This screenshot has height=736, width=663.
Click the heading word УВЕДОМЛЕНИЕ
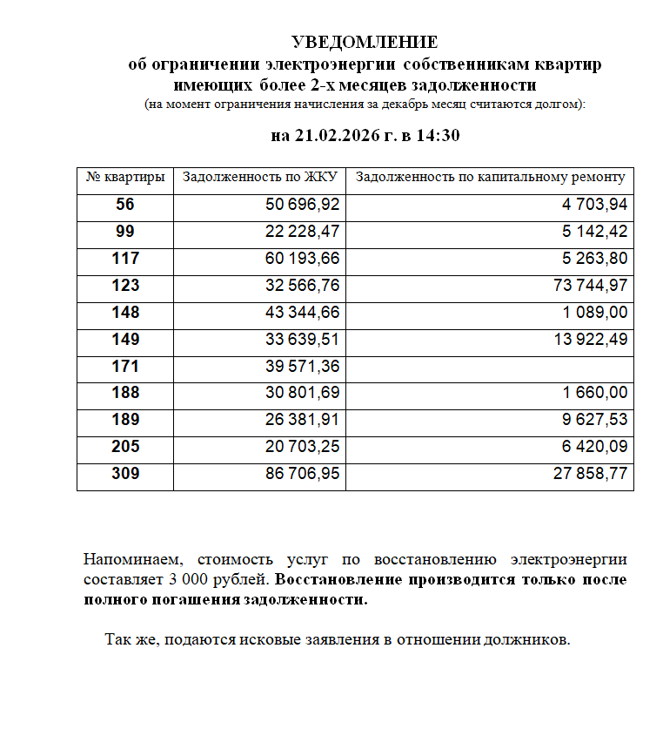364,43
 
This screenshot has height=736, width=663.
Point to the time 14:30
437,136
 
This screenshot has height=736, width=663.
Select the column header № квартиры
125,178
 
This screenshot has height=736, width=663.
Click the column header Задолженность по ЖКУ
259,178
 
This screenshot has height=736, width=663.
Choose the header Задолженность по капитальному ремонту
490,178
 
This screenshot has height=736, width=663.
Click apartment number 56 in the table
125,206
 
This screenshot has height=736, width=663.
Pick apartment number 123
125,286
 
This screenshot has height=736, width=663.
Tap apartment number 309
125,474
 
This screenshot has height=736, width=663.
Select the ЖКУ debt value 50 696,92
302,206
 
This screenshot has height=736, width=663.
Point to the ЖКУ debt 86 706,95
302,474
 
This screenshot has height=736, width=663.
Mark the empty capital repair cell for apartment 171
490,367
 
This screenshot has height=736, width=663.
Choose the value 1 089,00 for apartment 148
595,313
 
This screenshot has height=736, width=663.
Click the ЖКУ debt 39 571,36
302,367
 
